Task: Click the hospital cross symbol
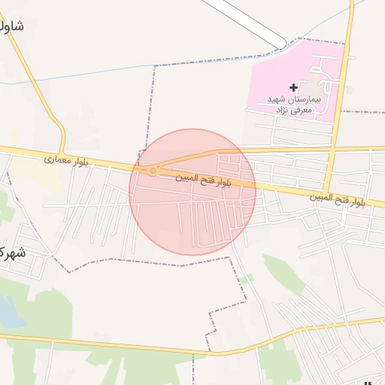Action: (293, 88)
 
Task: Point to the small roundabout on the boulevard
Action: (153, 171)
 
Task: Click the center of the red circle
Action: (192, 192)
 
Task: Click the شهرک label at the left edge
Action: (11, 252)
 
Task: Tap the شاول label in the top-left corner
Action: (12, 26)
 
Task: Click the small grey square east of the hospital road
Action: (349, 89)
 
